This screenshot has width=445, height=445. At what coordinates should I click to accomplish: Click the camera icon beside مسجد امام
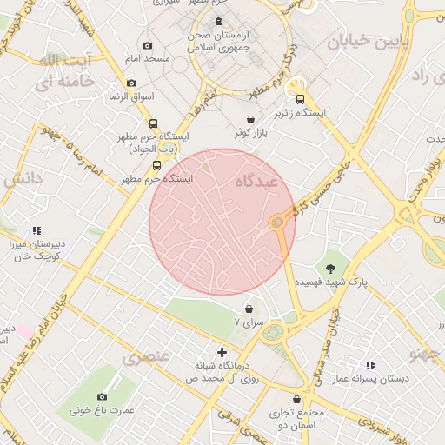click(147, 45)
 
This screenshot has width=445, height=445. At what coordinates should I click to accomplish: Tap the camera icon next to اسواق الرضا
click(131, 83)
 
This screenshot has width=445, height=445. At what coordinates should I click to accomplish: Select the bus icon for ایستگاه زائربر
click(301, 98)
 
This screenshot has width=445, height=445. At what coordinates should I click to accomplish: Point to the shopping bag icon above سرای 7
click(250, 309)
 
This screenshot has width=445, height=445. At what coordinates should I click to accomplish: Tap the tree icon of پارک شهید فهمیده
click(330, 268)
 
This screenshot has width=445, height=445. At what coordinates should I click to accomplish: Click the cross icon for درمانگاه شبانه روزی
click(222, 352)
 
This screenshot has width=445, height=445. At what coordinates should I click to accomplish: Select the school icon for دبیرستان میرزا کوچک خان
click(37, 230)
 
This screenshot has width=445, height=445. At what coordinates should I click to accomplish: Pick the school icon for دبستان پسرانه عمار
click(371, 366)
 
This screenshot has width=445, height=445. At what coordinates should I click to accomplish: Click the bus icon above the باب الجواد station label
click(154, 123)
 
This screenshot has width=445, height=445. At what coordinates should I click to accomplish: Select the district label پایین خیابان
click(362, 41)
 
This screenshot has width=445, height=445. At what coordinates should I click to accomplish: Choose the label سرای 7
click(249, 322)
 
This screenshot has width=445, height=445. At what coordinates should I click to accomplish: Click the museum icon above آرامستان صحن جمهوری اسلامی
click(216, 21)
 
